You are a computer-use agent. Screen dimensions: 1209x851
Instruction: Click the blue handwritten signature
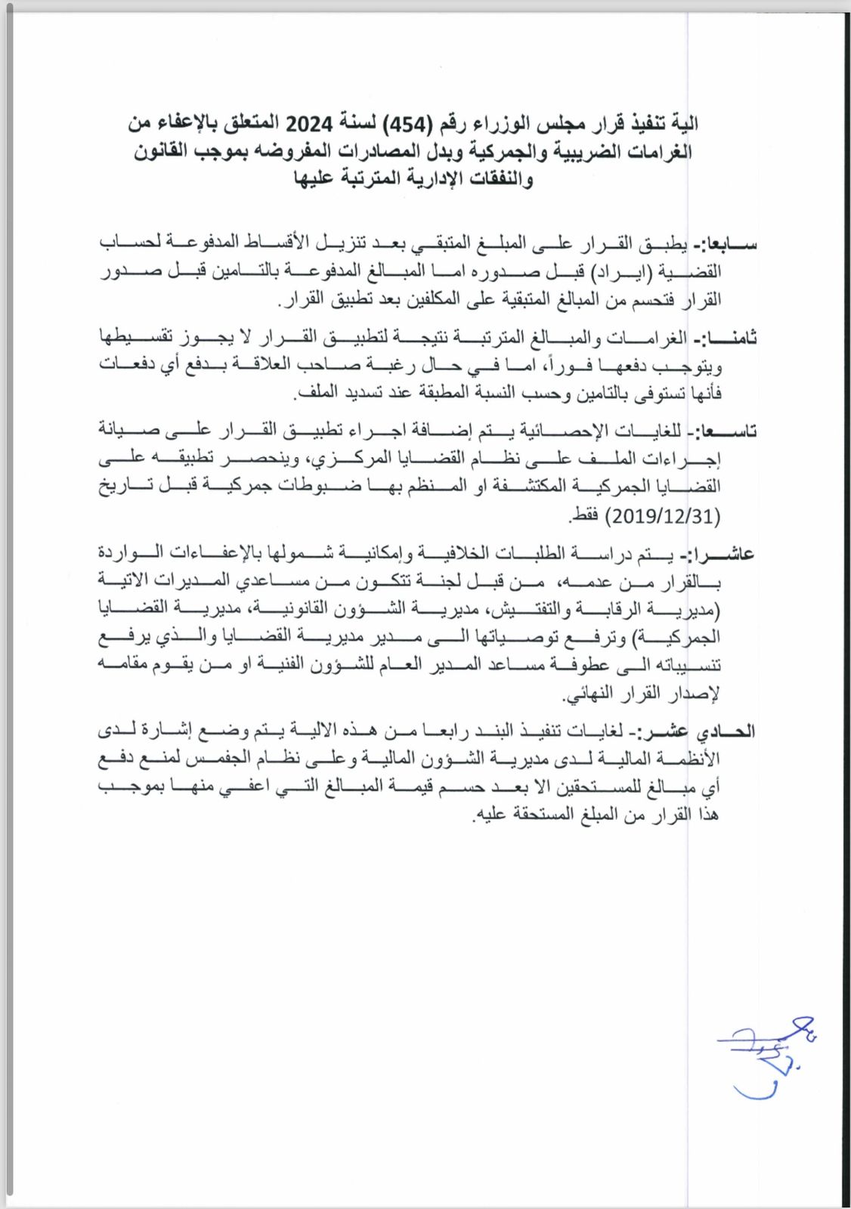764,1054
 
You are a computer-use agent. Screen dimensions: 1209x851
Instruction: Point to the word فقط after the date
585,517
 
